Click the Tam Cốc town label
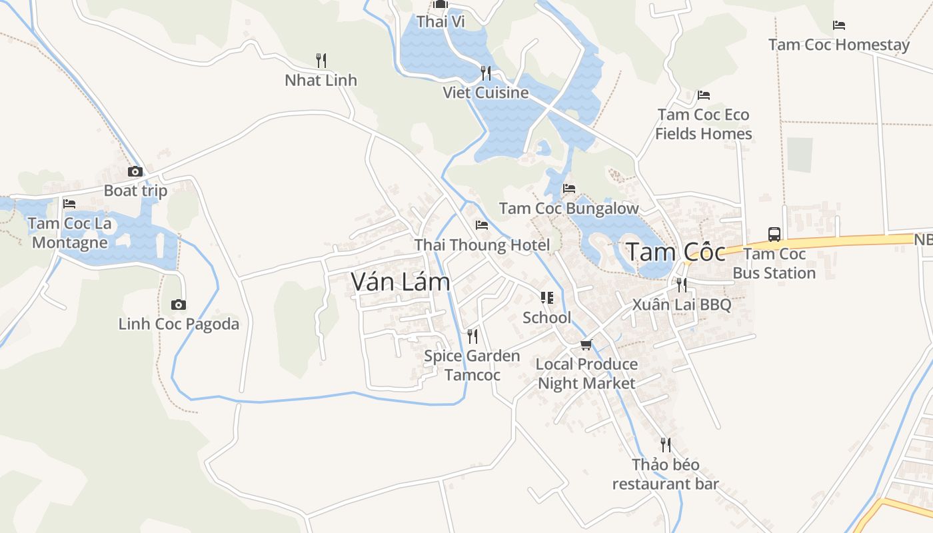tap(675, 253)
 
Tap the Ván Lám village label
tap(401, 282)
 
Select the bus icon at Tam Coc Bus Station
tap(774, 235)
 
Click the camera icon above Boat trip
tap(135, 172)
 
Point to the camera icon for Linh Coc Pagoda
tap(179, 305)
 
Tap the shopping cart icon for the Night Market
tap(586, 344)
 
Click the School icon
tap(546, 298)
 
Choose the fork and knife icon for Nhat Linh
tap(321, 61)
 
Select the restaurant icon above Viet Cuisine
tap(486, 73)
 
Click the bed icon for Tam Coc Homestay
tap(839, 25)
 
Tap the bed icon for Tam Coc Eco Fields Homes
tap(703, 95)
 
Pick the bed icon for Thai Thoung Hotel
tap(482, 225)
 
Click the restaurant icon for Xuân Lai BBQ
tap(681, 285)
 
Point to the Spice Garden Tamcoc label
tap(472, 365)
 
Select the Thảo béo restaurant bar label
tap(666, 474)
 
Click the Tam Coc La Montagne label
tap(70, 233)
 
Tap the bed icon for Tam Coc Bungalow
tap(568, 189)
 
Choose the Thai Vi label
tap(441, 22)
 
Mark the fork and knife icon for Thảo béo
tap(665, 444)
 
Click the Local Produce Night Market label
tap(586, 374)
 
